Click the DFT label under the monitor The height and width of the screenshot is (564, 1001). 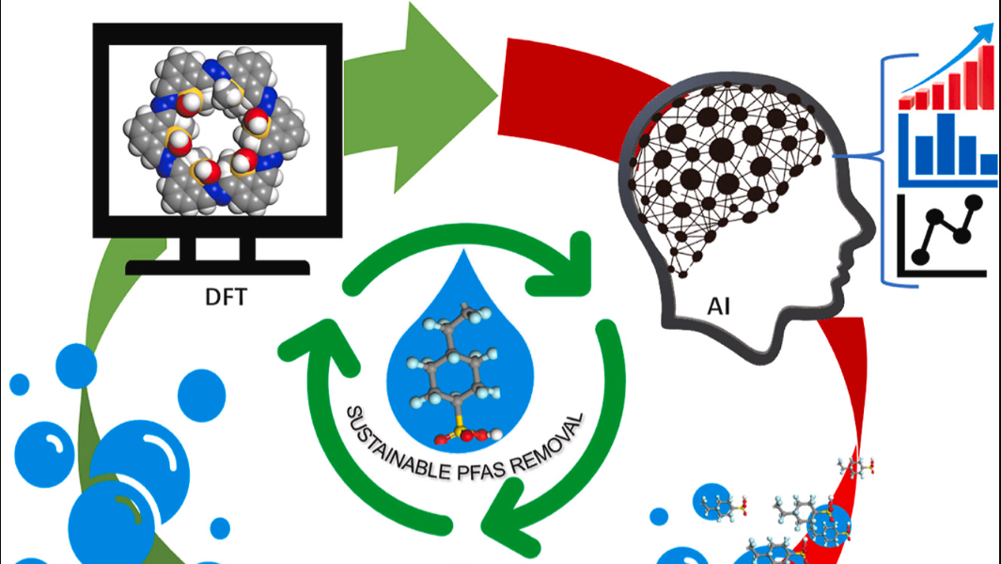click(x=226, y=297)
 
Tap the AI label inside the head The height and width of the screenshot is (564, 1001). click(x=719, y=306)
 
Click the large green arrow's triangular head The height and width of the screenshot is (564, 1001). click(x=446, y=97)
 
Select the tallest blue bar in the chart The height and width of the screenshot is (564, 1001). click(x=946, y=145)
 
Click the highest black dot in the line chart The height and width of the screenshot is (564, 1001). click(x=974, y=203)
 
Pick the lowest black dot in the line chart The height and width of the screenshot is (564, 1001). click(x=920, y=256)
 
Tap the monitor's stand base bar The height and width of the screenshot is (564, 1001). click(x=218, y=267)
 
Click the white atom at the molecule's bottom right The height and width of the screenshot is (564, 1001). click(x=496, y=435)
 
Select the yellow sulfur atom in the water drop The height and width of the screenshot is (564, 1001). click(x=459, y=434)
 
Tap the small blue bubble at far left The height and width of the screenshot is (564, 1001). click(x=19, y=384)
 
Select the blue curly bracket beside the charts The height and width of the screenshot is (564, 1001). click(x=888, y=168)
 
